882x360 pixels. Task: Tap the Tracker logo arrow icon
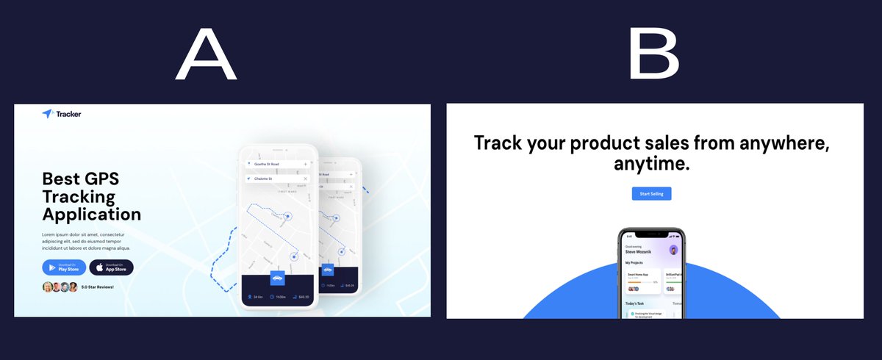click(48, 114)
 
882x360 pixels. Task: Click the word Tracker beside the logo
click(68, 114)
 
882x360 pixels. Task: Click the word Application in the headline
click(92, 215)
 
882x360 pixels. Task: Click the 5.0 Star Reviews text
click(98, 287)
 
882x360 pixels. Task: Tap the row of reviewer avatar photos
click(60, 287)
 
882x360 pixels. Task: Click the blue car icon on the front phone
click(277, 278)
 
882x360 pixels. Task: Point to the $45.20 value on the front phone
click(304, 298)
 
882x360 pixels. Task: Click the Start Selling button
click(651, 194)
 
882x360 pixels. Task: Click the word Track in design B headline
click(500, 142)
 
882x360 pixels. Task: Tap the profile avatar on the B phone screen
click(673, 250)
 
